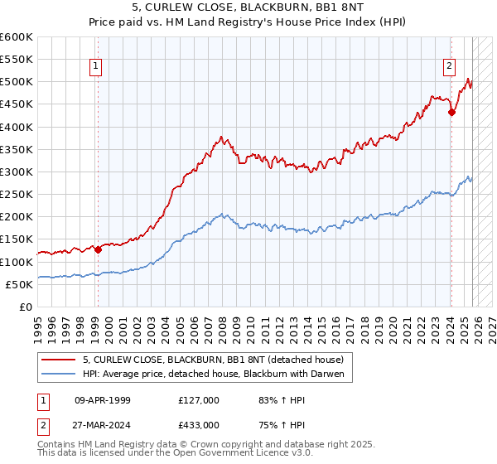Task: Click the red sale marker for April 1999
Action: [x=98, y=249]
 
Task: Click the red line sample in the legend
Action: [x=59, y=359]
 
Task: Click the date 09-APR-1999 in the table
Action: [x=103, y=400]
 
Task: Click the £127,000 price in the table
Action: [x=198, y=400]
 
